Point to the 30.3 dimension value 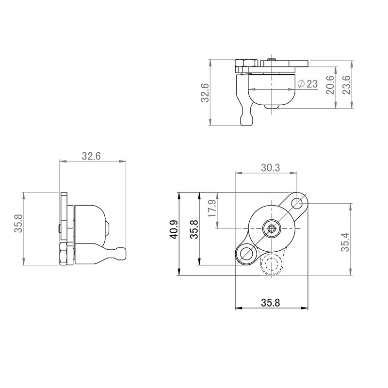270,167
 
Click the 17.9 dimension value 211,209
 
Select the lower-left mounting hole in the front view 246,253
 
